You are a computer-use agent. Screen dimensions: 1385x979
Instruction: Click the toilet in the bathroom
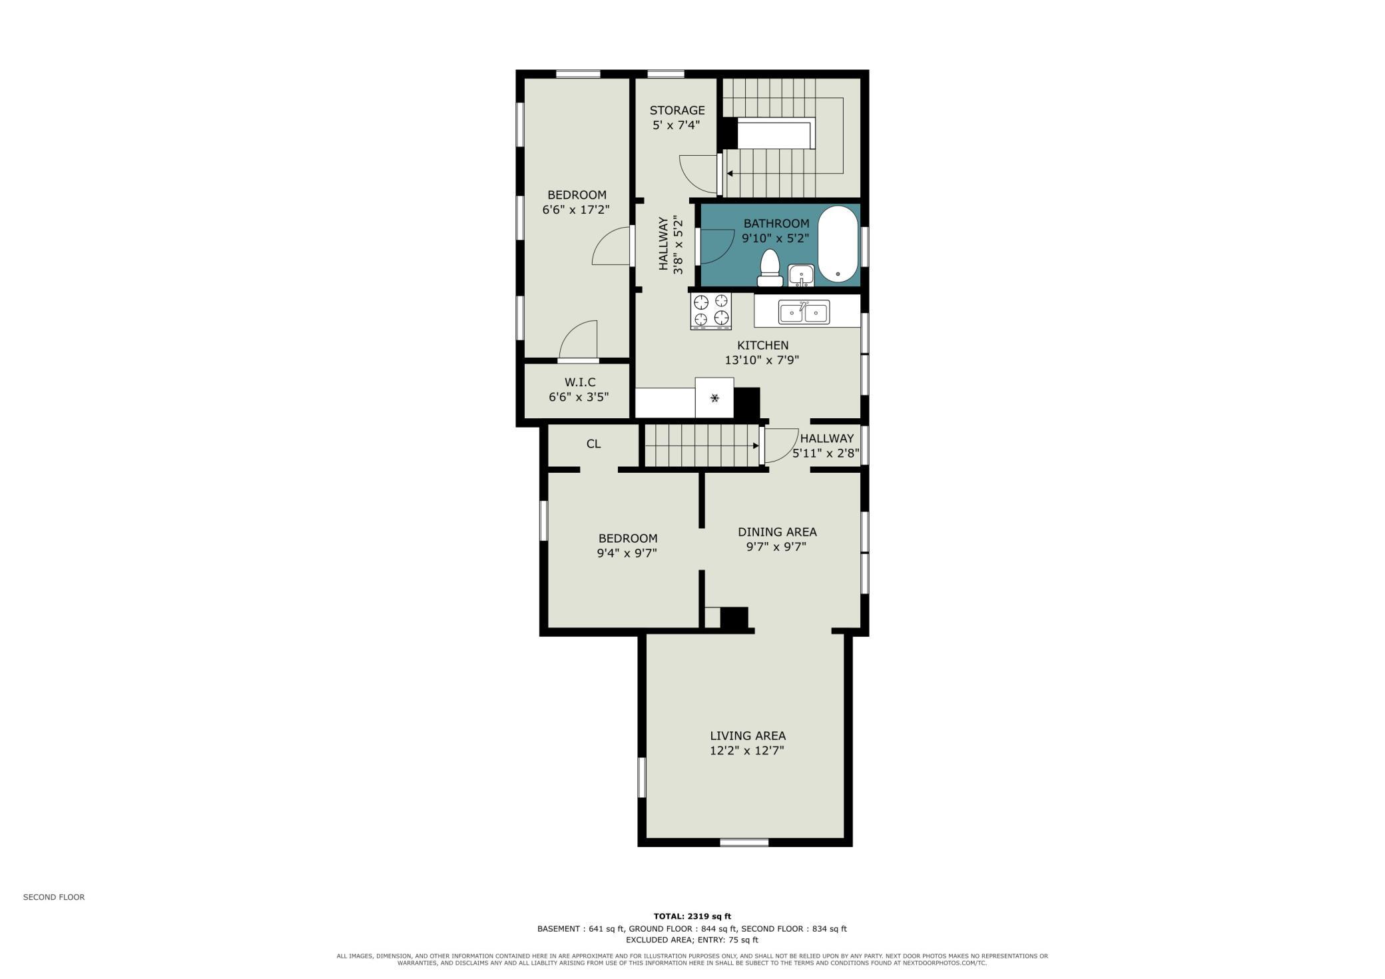point(770,267)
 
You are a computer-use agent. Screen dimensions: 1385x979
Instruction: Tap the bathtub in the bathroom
point(838,244)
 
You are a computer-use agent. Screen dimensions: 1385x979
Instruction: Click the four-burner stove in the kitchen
point(711,311)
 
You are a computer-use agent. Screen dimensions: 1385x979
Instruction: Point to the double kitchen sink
point(804,312)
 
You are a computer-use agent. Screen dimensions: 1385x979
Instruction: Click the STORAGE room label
point(677,111)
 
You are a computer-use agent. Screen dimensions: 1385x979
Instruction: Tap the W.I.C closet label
point(580,382)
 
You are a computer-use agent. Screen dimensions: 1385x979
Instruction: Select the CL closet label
point(593,444)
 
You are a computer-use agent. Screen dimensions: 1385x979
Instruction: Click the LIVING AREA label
point(748,736)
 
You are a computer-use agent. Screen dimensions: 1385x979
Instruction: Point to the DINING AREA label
point(777,532)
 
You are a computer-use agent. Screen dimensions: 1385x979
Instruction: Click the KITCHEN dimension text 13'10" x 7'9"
point(762,360)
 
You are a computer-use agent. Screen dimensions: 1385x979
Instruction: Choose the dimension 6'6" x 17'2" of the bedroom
point(576,210)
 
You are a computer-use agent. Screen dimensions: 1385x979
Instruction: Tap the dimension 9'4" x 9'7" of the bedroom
point(627,553)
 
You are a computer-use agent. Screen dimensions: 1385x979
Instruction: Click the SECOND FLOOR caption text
point(54,897)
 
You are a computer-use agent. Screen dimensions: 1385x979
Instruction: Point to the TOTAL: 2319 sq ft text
point(692,916)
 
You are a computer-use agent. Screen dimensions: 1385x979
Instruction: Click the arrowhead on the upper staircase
point(730,174)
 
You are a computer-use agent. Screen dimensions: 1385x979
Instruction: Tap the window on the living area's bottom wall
point(744,842)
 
